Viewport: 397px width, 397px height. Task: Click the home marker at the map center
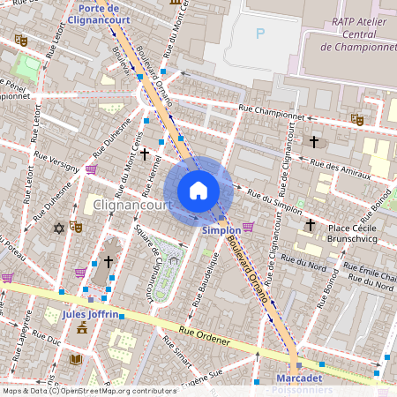(x=198, y=190)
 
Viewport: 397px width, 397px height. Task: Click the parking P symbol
(x=259, y=34)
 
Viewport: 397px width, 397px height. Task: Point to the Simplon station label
(x=220, y=230)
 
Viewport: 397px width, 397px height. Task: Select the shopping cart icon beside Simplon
(x=249, y=227)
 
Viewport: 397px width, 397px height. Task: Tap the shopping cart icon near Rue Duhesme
(x=92, y=169)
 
